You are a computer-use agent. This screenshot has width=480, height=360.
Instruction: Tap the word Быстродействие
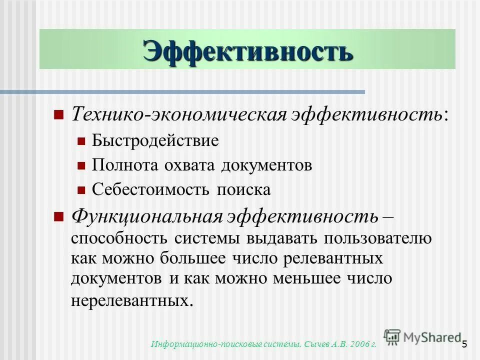pyautogui.click(x=155, y=140)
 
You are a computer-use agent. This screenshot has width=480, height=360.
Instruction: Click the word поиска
pyautogui.click(x=243, y=189)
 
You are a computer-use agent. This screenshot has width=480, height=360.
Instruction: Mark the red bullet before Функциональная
pyautogui.click(x=58, y=216)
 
